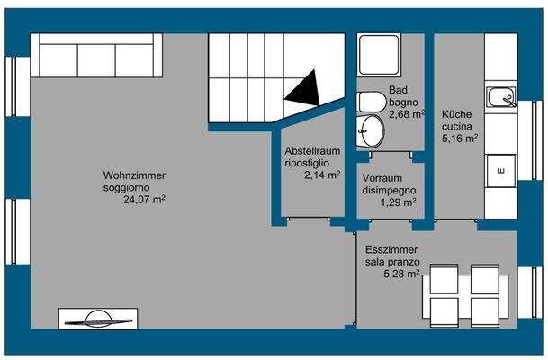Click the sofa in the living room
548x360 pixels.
pos(96,58)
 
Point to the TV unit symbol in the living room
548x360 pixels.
pos(96,318)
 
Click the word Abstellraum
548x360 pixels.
pos(312,151)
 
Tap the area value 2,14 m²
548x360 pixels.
pos(322,175)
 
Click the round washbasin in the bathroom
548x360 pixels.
pos(370,131)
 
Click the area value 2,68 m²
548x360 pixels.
pos(406,115)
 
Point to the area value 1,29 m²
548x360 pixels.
pos(397,202)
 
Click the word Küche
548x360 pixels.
pos(455,114)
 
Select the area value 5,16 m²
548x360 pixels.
pos(459,139)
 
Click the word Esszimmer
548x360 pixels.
pos(391,250)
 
